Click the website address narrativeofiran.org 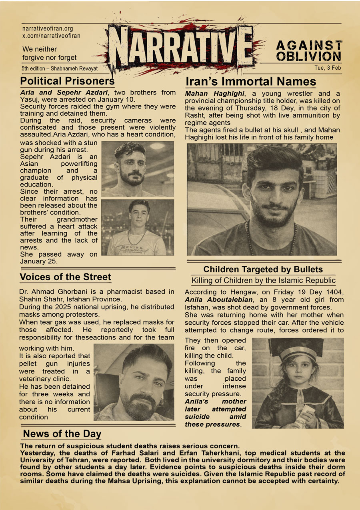pyautogui.click(x=48, y=29)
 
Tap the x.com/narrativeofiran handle pyautogui.click(x=51, y=36)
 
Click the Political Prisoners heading pyautogui.click(x=67, y=81)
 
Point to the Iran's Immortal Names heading pyautogui.click(x=251, y=82)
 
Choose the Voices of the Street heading pyautogui.click(x=65, y=277)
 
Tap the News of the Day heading pyautogui.click(x=62, y=434)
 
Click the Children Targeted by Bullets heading pyautogui.click(x=263, y=269)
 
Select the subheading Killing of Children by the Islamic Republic pyautogui.click(x=263, y=281)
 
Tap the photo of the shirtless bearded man pyautogui.click(x=138, y=169)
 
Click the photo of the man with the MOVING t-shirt pyautogui.click(x=138, y=227)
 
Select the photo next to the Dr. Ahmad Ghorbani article pyautogui.click(x=134, y=382)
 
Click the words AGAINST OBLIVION pyautogui.click(x=309, y=50)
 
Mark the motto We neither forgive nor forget pyautogui.click(x=49, y=53)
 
